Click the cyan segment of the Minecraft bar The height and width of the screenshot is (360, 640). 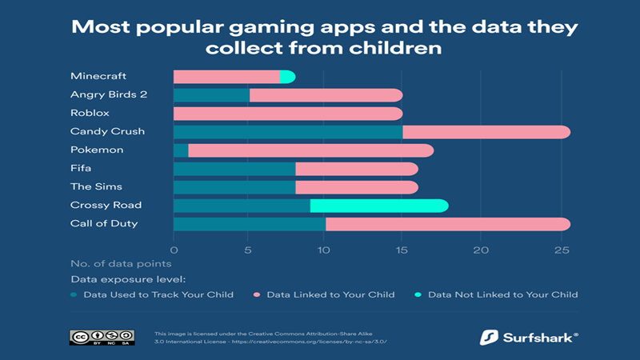click(x=288, y=77)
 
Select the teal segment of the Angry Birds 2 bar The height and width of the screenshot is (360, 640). click(x=211, y=95)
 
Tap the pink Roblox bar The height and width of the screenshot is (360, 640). click(x=288, y=114)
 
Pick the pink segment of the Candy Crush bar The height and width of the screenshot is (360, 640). click(x=486, y=132)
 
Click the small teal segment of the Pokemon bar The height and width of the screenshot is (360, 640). click(x=181, y=150)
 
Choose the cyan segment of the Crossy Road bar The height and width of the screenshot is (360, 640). click(x=378, y=206)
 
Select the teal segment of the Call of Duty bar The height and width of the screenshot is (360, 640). click(x=250, y=224)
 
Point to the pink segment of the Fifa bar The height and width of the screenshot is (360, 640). click(x=356, y=169)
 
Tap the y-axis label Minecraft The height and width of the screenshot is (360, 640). click(x=98, y=77)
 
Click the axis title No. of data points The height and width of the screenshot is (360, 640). click(x=120, y=263)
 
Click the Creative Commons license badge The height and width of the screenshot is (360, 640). click(x=101, y=337)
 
